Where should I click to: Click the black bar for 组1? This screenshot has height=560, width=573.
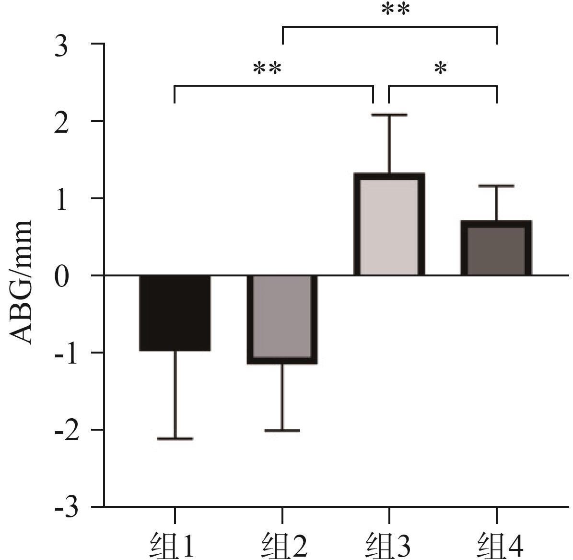[x=175, y=313]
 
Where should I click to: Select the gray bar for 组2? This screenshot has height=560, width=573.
[x=282, y=320]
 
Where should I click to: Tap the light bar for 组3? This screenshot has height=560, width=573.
[x=389, y=224]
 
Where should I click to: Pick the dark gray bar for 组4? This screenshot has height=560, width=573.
[x=496, y=248]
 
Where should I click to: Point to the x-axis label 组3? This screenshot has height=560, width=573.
[x=389, y=546]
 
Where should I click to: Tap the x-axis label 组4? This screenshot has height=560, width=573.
[x=501, y=546]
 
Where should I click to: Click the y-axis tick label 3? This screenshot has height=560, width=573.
[x=61, y=47]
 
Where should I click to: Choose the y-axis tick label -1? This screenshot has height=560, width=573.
[x=66, y=354]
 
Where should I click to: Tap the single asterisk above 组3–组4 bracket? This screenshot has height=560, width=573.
[x=441, y=69]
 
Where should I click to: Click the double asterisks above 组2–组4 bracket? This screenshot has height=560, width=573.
[x=396, y=10]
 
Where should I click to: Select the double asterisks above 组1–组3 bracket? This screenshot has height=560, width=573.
[x=268, y=69]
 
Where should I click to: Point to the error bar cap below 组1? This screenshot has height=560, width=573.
[x=175, y=438]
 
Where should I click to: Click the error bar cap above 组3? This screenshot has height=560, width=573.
[x=389, y=114]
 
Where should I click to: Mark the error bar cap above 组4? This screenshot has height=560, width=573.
[x=496, y=186]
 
